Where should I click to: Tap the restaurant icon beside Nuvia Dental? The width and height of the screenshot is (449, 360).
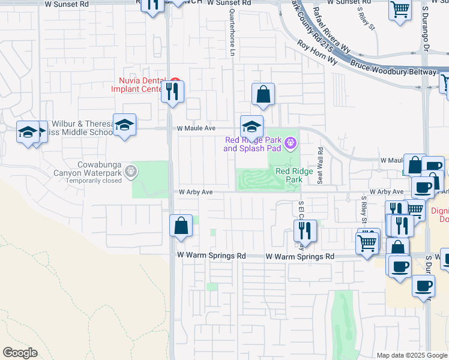tap(172, 91)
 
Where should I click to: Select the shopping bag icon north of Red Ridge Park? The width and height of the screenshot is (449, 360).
tap(263, 94)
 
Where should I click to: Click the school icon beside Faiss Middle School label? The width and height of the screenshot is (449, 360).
tap(124, 125)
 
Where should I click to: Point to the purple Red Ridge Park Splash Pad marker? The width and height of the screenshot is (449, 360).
tap(291, 142)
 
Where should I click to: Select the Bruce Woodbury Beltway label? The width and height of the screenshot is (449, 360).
tap(393, 67)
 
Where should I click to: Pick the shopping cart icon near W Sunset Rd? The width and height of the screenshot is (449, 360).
tap(399, 10)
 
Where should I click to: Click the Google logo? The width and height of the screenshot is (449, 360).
tap(20, 352)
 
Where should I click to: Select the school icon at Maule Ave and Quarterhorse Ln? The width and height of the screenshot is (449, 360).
tap(252, 126)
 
